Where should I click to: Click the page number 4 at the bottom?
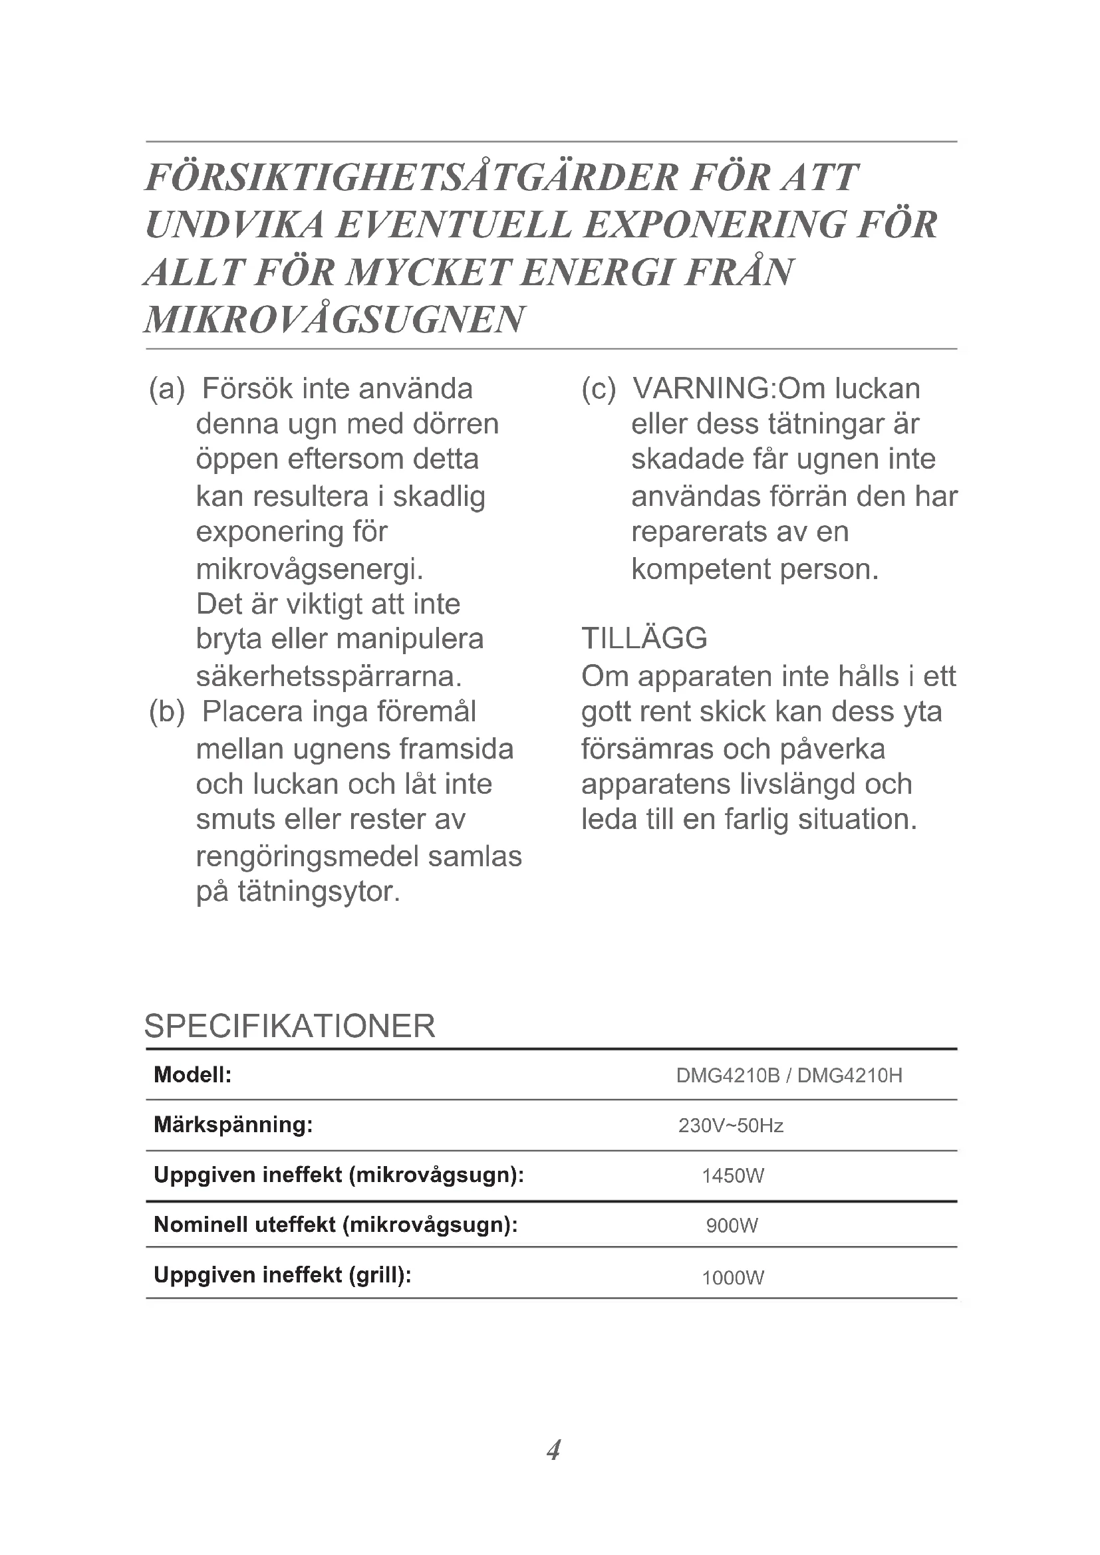(553, 1450)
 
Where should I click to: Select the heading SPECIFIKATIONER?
(289, 1026)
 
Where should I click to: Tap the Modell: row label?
(193, 1075)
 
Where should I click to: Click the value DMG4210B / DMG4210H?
(789, 1076)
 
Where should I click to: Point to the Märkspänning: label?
(233, 1125)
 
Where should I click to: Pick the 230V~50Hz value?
(731, 1126)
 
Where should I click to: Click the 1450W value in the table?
(733, 1176)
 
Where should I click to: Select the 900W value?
(732, 1226)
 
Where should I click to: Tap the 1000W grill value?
(733, 1278)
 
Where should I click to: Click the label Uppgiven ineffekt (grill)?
(283, 1275)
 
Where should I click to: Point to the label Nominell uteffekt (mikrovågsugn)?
(336, 1225)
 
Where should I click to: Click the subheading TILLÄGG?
(644, 639)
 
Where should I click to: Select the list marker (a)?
(167, 390)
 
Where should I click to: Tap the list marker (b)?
(167, 712)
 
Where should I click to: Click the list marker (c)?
(599, 390)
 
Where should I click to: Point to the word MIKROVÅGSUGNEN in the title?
(335, 320)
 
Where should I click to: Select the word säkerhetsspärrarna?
(329, 676)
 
